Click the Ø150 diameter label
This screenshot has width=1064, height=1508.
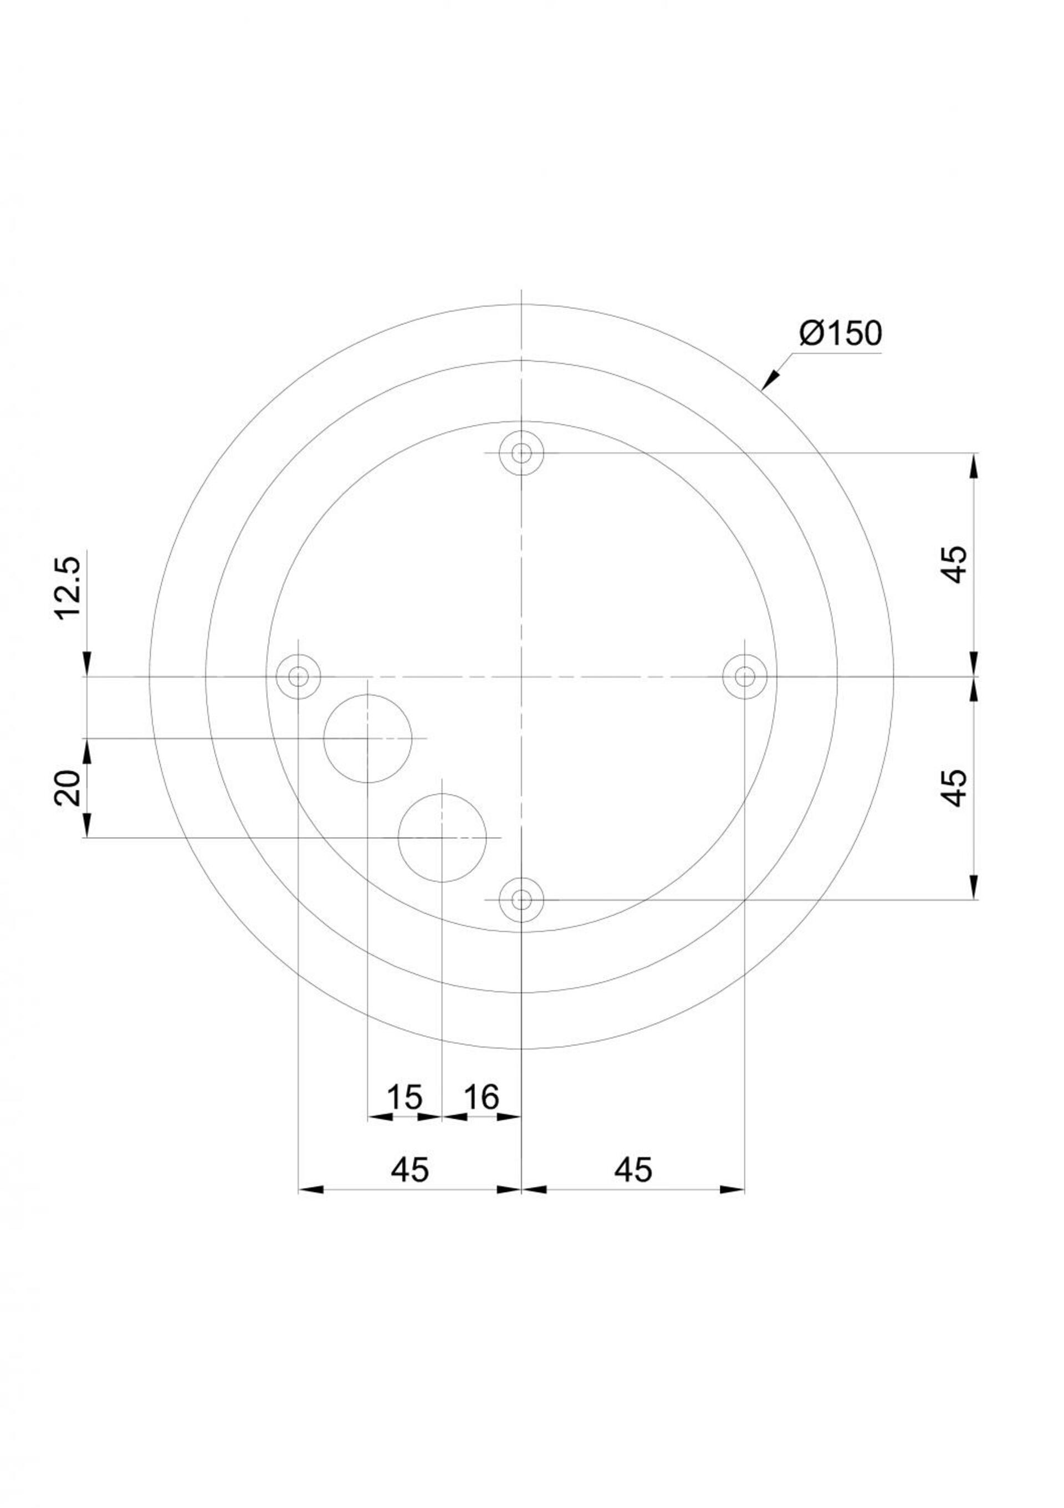point(841,334)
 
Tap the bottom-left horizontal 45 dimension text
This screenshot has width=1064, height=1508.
point(410,1169)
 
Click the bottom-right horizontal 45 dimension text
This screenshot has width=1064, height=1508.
point(633,1169)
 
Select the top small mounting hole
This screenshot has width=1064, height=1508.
point(521,453)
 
